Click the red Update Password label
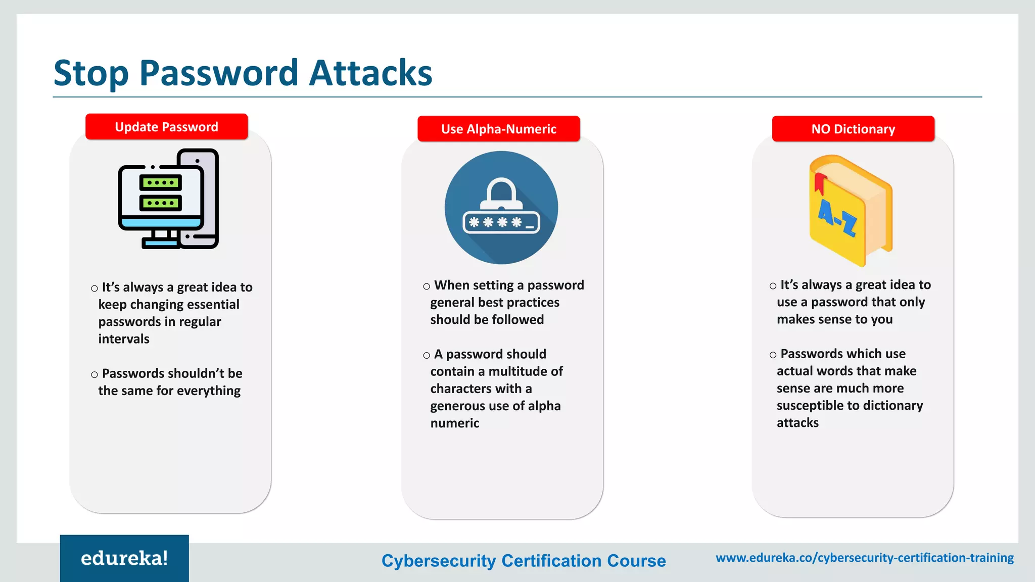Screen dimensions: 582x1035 166,127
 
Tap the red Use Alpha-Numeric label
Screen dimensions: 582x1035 498,129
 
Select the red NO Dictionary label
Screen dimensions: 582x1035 853,129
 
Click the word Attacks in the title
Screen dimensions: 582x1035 370,73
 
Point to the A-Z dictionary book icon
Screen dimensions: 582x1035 851,211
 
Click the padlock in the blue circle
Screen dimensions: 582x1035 501,195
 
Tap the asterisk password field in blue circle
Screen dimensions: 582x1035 501,222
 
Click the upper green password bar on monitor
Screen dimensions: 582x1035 160,182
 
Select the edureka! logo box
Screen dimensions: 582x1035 124,558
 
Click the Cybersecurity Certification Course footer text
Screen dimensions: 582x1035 524,561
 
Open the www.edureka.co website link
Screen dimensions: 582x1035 864,558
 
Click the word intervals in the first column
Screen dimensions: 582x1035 124,339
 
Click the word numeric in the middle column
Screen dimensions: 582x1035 454,423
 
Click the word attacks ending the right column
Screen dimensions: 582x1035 797,423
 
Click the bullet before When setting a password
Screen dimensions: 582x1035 427,286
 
